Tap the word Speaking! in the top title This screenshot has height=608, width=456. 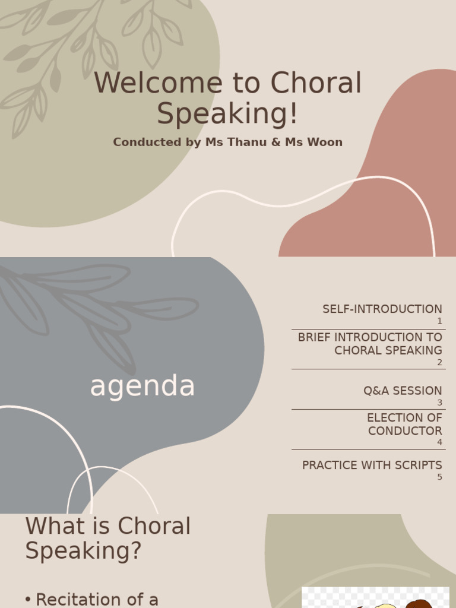point(227,114)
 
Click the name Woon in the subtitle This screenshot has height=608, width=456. point(323,142)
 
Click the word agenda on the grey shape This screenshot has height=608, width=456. point(142,387)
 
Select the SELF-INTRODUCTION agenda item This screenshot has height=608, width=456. point(382,309)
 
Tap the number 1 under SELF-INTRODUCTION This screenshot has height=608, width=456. point(439,321)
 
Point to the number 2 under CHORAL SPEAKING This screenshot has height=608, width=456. point(439,363)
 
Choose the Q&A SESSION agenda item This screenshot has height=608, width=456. point(403,391)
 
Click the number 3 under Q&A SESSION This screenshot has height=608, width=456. point(439,403)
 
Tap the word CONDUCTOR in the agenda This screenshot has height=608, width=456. point(405,431)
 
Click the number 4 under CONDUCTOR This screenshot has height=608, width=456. point(439,442)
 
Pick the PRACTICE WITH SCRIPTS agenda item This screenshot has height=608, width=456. point(372,465)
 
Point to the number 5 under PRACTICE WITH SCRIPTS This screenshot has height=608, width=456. point(439,477)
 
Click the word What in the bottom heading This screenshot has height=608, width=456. point(55,527)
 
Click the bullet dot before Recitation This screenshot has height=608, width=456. point(28,600)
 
